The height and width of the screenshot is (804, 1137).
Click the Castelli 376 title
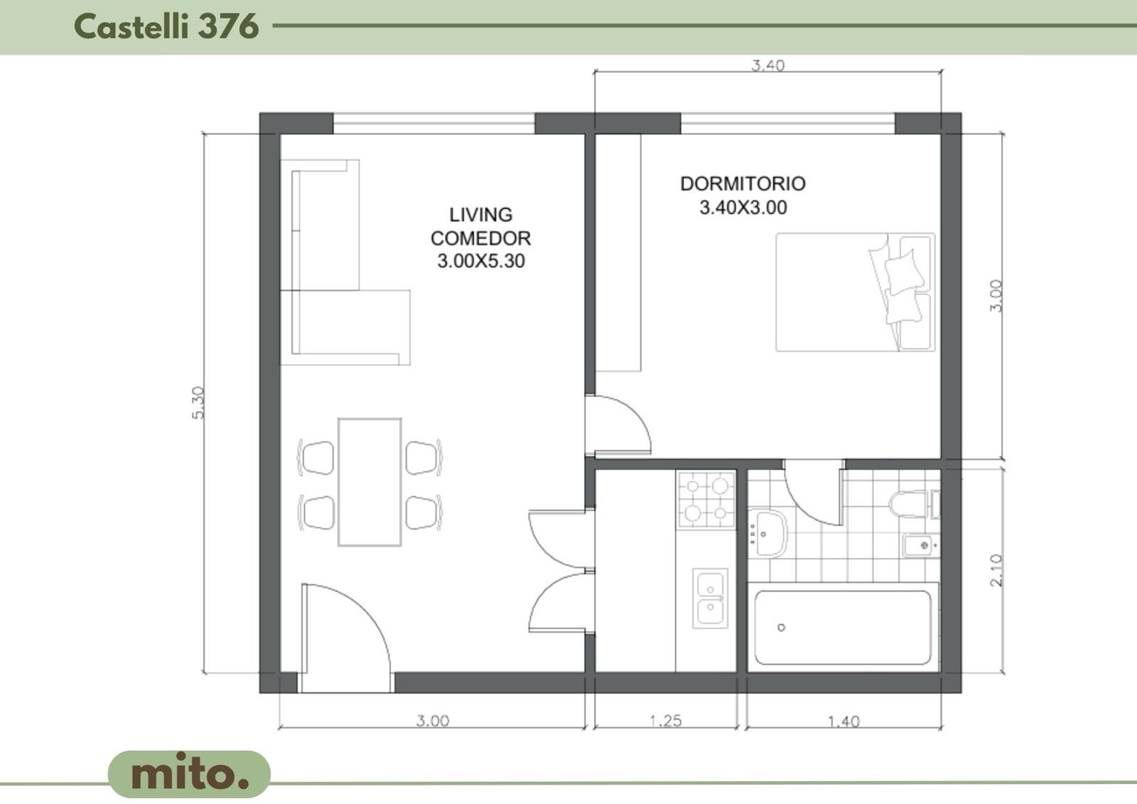[x=166, y=26]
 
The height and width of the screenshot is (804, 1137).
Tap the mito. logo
[x=189, y=773]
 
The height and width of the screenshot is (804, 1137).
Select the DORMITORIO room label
[x=743, y=184]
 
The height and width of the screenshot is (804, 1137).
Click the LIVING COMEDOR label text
[x=480, y=227]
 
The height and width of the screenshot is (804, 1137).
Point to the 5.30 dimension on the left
[x=198, y=403]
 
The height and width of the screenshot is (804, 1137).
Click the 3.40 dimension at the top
[x=767, y=65]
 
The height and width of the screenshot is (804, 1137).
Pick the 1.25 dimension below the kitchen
[x=665, y=720]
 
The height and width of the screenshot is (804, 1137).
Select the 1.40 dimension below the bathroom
[x=844, y=722]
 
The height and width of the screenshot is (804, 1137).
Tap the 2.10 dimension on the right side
[x=996, y=570]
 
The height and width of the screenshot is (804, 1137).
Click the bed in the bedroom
[x=856, y=292]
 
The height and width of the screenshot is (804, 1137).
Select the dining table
[x=370, y=482]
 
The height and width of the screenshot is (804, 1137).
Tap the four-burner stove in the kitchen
[x=706, y=500]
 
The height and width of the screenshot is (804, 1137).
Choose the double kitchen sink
[x=710, y=599]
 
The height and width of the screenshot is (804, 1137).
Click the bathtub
[x=843, y=628]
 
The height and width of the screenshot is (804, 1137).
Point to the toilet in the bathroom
[x=914, y=504]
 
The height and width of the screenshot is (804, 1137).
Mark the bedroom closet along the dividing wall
[x=618, y=252]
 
